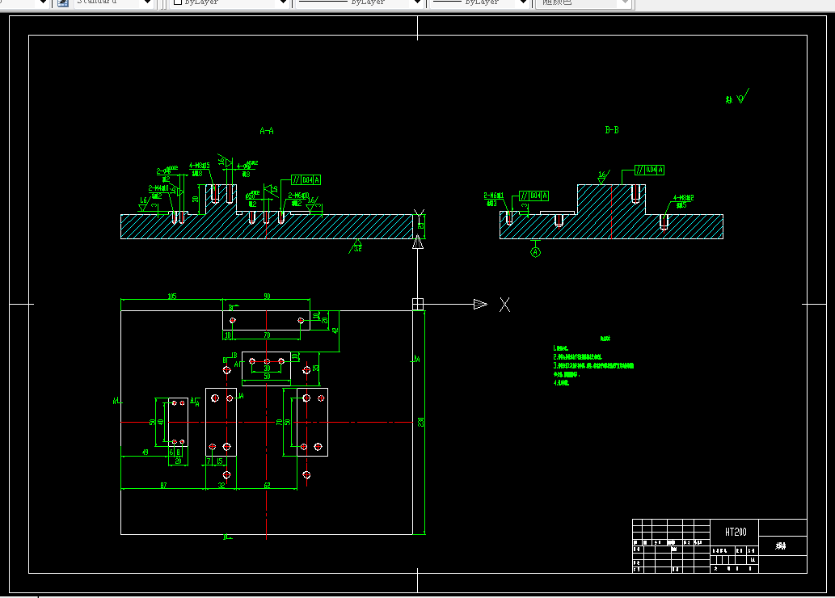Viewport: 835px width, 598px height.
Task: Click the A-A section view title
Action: tap(267, 130)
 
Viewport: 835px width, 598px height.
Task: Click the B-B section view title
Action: tap(612, 129)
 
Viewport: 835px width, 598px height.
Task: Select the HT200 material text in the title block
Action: tap(736, 533)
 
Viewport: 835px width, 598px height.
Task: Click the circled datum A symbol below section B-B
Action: tap(535, 252)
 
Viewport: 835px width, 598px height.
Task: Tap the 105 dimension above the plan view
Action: tap(171, 297)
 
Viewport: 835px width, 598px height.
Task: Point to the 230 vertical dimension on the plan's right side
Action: tap(420, 422)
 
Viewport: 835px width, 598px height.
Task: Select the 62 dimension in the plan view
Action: tap(266, 485)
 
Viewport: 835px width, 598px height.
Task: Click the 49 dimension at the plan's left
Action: tap(145, 453)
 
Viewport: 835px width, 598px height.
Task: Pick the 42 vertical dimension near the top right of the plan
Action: tap(335, 331)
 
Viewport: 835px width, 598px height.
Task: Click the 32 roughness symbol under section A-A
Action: tap(356, 247)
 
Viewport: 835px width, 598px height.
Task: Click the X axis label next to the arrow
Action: tap(504, 305)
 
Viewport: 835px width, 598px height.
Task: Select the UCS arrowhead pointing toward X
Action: tap(480, 305)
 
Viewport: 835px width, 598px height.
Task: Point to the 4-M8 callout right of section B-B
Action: tap(683, 199)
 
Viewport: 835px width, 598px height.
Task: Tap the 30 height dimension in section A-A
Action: tap(195, 199)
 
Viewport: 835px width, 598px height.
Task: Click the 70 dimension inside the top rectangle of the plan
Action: tap(267, 334)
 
